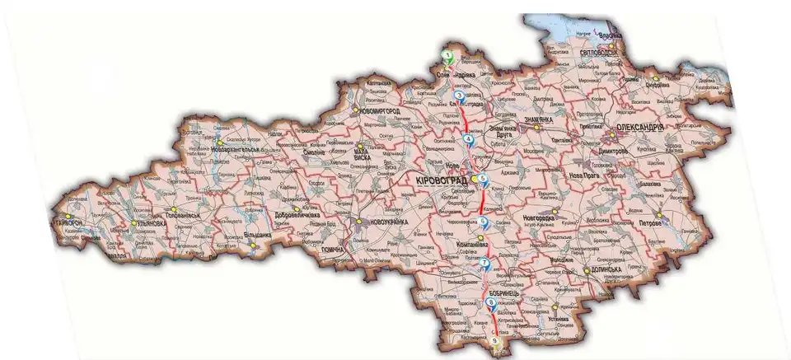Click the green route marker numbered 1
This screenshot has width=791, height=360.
[447, 56]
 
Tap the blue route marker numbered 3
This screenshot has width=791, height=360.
[458, 96]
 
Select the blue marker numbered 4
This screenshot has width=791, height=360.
[469, 139]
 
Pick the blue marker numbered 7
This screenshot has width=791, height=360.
[484, 264]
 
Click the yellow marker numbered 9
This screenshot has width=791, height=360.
[494, 340]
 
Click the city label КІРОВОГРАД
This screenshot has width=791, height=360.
[442, 180]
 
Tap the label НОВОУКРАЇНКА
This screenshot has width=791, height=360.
[382, 222]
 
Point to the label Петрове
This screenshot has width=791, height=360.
[675, 222]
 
